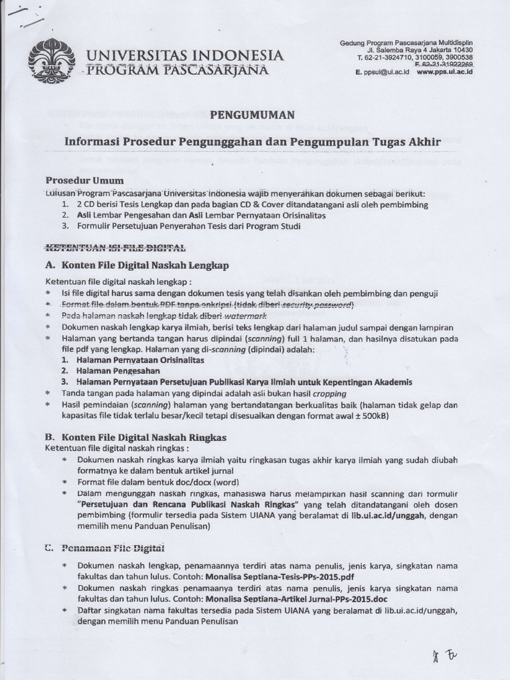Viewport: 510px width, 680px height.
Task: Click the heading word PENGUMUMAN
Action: (256, 115)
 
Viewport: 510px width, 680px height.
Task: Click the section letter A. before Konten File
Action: (49, 266)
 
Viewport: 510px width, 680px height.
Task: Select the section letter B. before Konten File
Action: (49, 438)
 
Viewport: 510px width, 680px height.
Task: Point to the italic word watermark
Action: (224, 315)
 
